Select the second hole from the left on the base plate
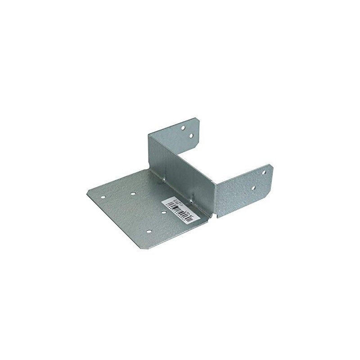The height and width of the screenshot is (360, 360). coord(133,194)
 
